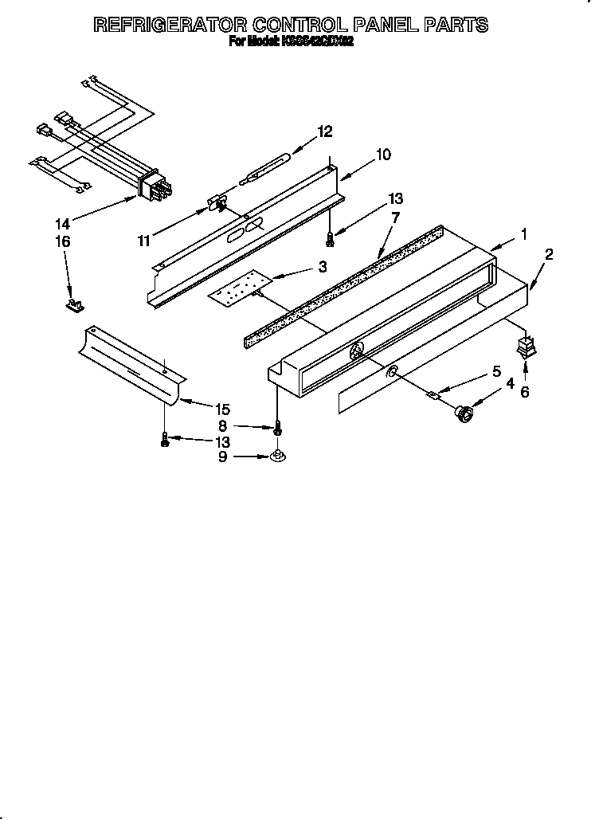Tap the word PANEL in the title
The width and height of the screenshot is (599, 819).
click(377, 25)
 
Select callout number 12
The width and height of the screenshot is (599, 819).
click(324, 131)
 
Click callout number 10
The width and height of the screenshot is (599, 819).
click(382, 155)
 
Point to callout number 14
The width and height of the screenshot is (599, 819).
click(63, 225)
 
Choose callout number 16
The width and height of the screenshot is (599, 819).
click(63, 241)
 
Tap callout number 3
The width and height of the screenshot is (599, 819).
click(322, 268)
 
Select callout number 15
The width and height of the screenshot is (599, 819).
click(222, 409)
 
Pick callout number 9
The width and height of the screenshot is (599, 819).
click(222, 457)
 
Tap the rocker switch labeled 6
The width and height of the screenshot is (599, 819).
click(524, 347)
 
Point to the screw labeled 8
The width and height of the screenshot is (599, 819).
click(277, 428)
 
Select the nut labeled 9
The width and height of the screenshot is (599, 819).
click(276, 456)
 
